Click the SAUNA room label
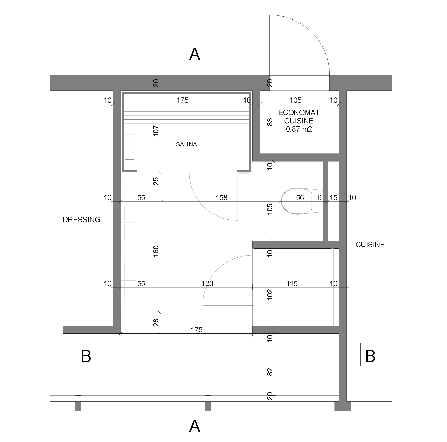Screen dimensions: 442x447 coord(186,144)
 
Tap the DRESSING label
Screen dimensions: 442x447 coord(82,220)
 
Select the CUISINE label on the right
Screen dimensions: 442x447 coord(370,245)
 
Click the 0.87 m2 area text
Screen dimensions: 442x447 coord(299,129)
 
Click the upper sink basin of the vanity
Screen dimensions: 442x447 coord(141,223)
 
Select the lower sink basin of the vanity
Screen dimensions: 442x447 coord(141,280)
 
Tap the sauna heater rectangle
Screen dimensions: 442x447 coord(129,147)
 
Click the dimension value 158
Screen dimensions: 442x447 coord(221,198)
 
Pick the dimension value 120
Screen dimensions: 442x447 coord(207,284)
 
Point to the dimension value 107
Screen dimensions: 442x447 coord(156,131)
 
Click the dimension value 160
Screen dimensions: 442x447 coord(156,251)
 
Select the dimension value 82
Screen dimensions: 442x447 coord(270,372)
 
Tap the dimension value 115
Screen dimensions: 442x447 coord(292,284)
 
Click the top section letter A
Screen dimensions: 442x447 coord(195,54)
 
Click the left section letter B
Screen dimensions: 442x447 coord(86,356)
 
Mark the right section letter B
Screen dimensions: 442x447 coord(370,356)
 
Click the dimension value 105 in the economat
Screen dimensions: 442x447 coord(296,100)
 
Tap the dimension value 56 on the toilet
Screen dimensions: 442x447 coord(300,198)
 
